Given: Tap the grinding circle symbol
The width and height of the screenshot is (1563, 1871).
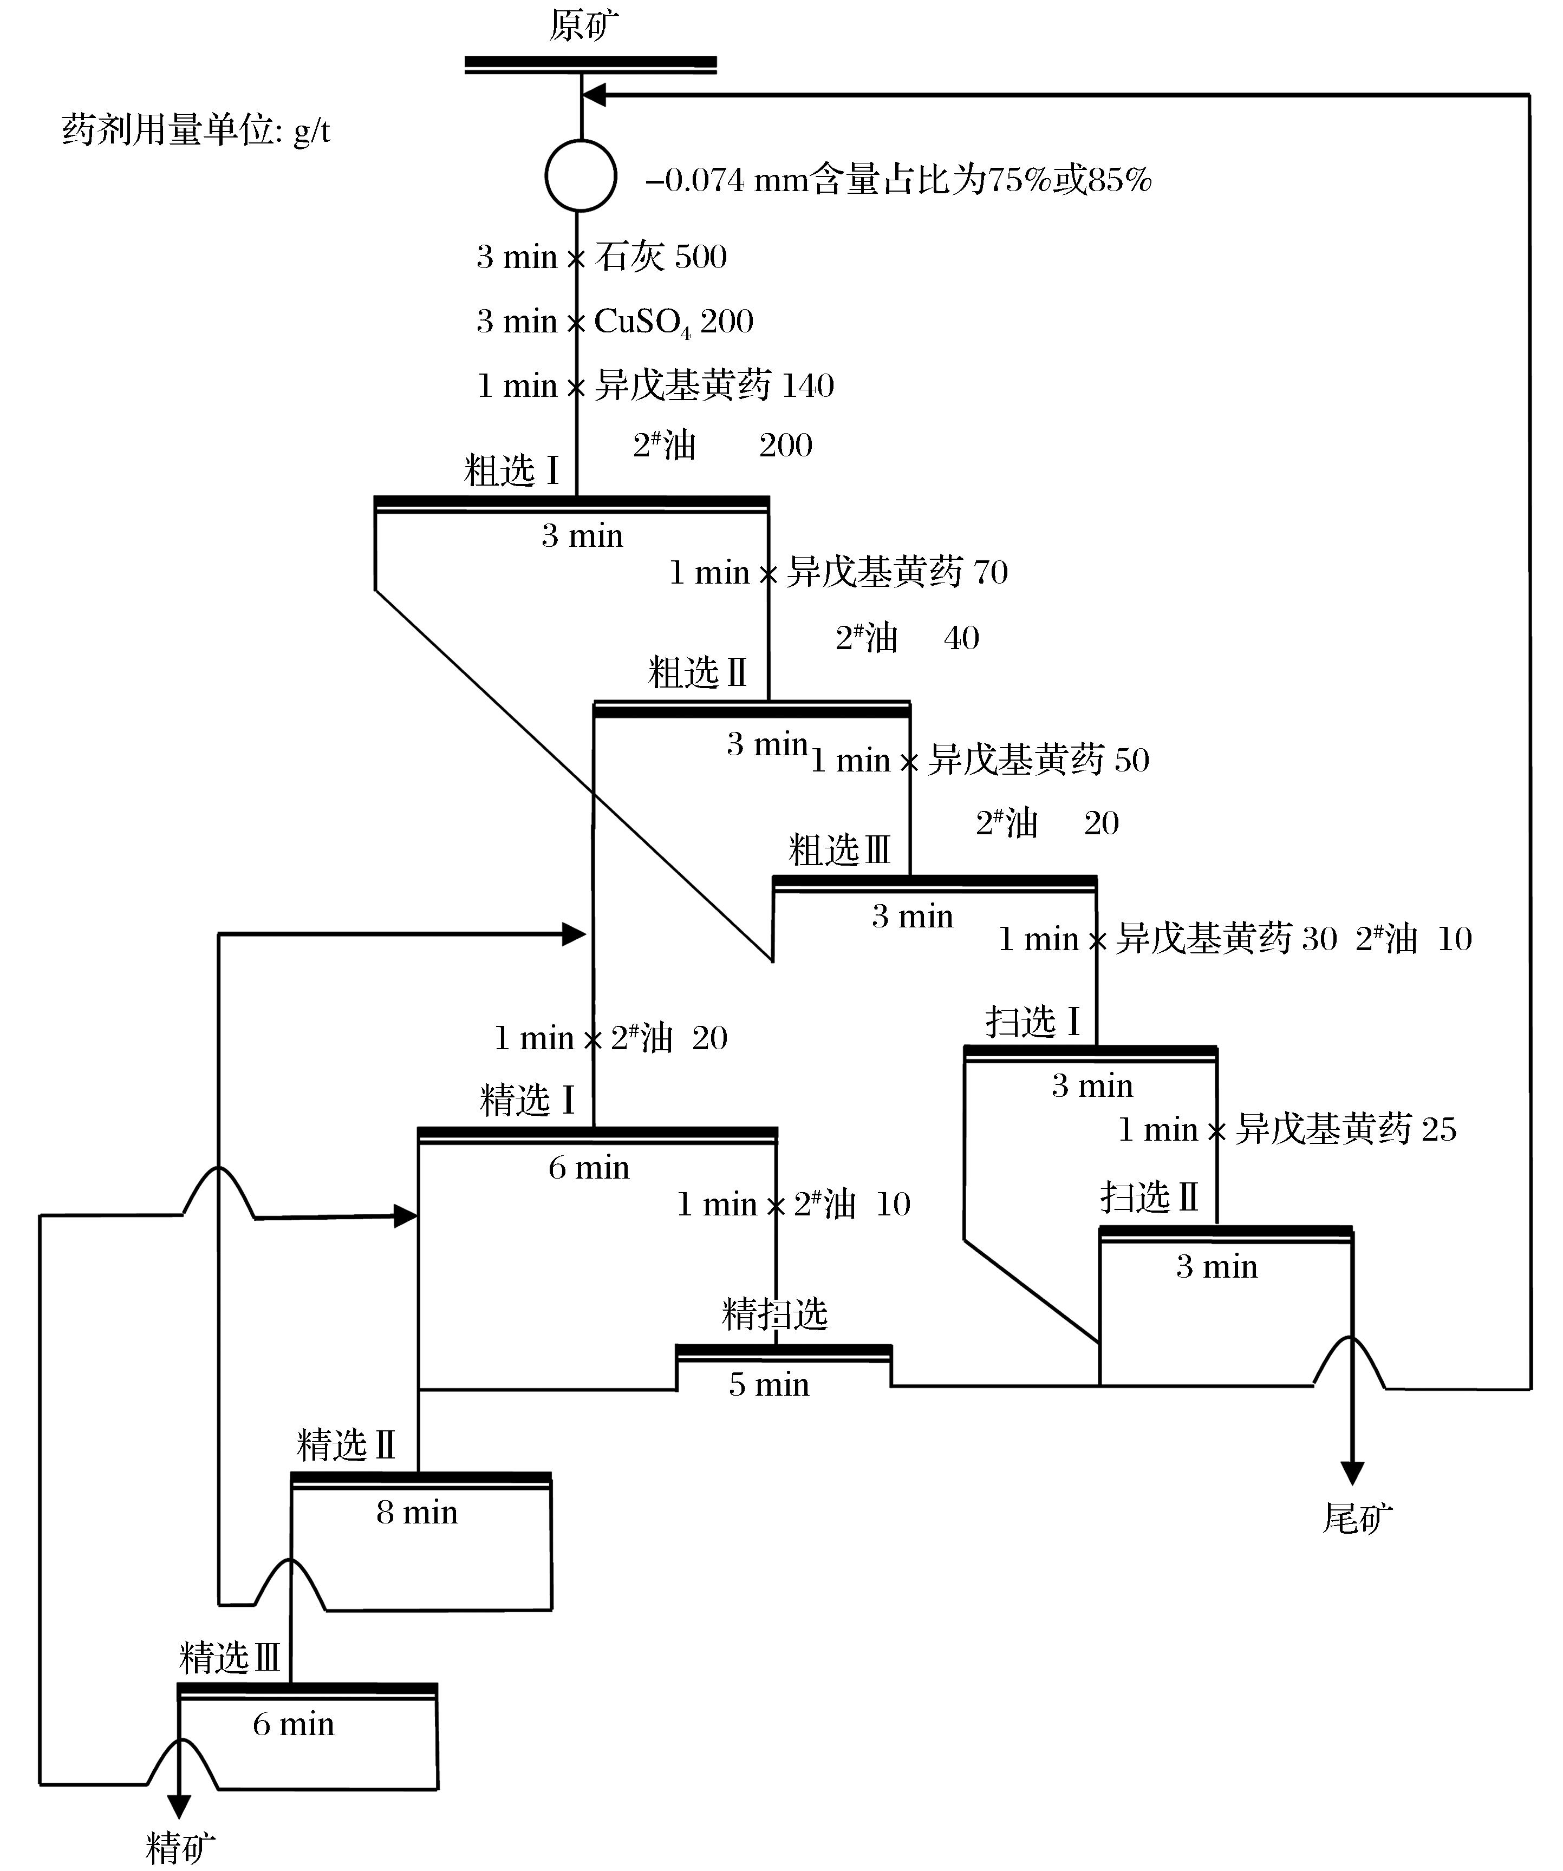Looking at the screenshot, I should tap(580, 175).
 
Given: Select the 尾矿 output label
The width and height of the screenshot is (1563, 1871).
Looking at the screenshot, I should tap(1356, 1518).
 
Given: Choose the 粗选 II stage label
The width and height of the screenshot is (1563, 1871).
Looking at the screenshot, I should tap(697, 673).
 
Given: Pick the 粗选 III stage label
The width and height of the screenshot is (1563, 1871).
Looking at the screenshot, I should tap(839, 850).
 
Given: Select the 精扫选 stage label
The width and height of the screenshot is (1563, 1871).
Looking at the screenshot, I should tap(774, 1314).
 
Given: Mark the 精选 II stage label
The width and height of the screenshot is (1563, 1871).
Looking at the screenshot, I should tap(346, 1445).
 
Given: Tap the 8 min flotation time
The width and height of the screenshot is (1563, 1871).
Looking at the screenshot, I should tap(417, 1513).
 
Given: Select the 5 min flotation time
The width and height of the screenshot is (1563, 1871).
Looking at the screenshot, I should tap(769, 1384).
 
